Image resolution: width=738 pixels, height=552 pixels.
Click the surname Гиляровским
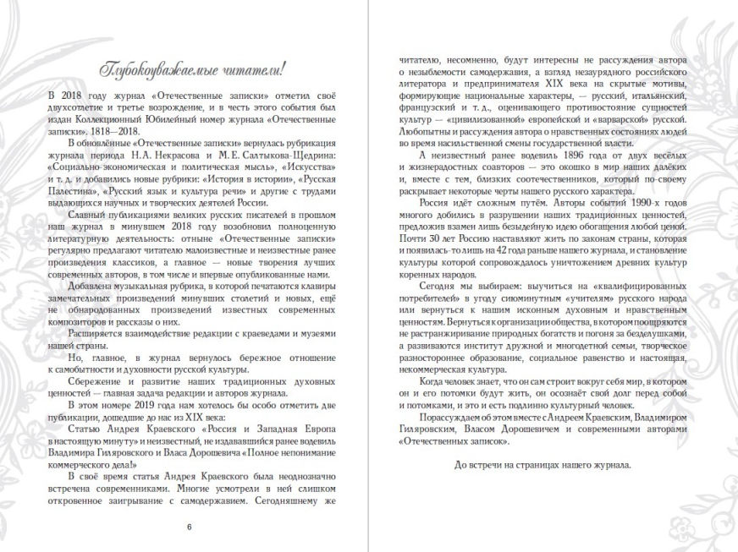pos(437,442)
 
